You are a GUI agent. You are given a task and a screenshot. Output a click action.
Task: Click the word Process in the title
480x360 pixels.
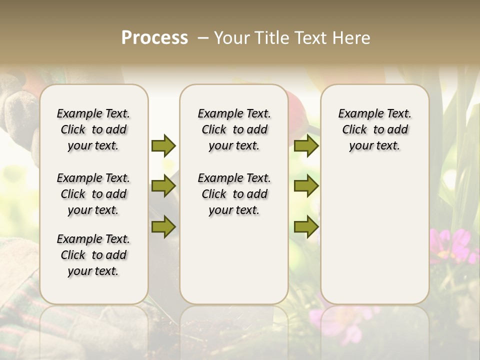coord(154,38)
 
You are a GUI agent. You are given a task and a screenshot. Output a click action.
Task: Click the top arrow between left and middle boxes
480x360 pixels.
coord(163,145)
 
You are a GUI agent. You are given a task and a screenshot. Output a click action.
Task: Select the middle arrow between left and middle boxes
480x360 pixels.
coord(163,186)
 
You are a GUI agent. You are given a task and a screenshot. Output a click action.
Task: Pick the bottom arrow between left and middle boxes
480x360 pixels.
coord(163,226)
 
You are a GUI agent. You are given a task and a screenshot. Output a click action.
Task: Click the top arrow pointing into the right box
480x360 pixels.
coord(306,145)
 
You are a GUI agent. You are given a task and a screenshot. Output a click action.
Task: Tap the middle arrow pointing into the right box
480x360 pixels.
coord(306,186)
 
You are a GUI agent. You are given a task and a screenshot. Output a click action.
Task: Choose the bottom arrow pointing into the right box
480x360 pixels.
coord(306,226)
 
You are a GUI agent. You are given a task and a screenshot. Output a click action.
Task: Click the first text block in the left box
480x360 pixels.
coord(93,129)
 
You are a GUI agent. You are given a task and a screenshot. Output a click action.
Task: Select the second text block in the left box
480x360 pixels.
coord(93,194)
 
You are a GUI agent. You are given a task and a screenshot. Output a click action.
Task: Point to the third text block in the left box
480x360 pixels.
coord(93,255)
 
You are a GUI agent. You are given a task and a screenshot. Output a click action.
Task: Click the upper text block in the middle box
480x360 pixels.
coord(234,129)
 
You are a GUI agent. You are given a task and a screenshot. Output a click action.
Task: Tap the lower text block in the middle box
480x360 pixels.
coord(234,194)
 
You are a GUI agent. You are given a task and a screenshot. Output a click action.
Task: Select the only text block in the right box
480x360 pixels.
coord(374,129)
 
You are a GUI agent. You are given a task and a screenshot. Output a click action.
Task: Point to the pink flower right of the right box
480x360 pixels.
coord(452,245)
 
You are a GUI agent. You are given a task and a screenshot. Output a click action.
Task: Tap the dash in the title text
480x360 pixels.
coord(203,38)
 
